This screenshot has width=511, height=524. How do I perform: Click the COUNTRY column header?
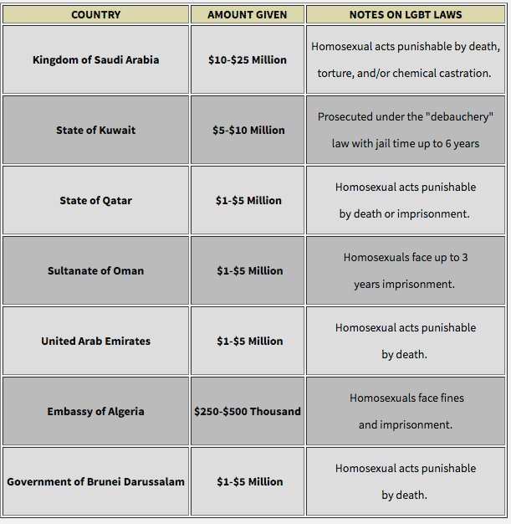[95, 15]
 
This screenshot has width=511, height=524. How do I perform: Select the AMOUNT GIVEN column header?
[247, 15]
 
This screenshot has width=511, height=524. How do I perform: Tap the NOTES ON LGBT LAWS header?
[406, 15]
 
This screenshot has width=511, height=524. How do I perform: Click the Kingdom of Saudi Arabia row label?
[95, 60]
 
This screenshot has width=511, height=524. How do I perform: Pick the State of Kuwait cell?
[95, 131]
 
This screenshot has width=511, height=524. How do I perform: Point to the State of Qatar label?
[95, 201]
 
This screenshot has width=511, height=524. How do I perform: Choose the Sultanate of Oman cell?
[95, 271]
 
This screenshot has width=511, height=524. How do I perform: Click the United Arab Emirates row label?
[95, 342]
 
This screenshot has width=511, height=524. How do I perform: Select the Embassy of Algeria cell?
[95, 412]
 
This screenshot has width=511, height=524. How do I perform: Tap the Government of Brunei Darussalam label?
[95, 482]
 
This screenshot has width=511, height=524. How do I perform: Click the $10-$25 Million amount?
[247, 60]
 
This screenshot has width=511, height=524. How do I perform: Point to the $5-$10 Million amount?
[248, 131]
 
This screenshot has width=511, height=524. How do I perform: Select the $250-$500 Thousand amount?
[247, 412]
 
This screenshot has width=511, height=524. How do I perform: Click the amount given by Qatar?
[248, 201]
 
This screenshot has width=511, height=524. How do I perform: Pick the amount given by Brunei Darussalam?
[248, 482]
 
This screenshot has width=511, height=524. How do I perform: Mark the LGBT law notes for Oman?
[406, 271]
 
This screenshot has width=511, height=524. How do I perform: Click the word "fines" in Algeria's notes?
[449, 398]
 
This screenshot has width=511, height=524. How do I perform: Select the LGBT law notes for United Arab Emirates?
[406, 342]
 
